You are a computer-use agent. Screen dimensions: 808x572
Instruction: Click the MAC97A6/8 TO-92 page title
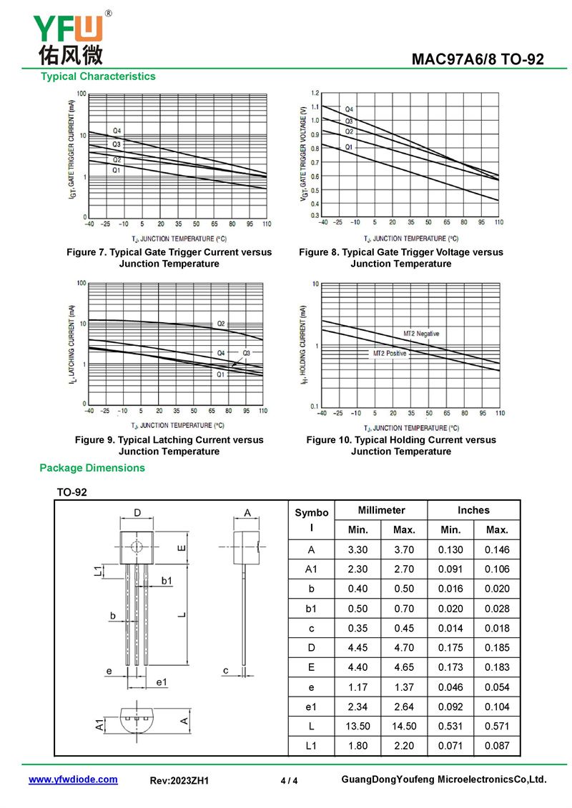pyautogui.click(x=478, y=59)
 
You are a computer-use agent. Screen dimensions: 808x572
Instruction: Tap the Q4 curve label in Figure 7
pyautogui.click(x=117, y=131)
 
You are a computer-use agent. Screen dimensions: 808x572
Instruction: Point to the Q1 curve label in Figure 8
pyautogui.click(x=349, y=146)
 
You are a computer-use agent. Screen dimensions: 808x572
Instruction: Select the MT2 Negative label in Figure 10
pyautogui.click(x=421, y=334)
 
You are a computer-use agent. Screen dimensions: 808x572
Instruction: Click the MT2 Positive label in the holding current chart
pyautogui.click(x=390, y=354)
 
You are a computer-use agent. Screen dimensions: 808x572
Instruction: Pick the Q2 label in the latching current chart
pyautogui.click(x=221, y=324)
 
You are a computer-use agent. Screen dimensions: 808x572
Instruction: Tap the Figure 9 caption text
pyautogui.click(x=169, y=446)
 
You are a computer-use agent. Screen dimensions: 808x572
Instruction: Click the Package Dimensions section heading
pyautogui.click(x=92, y=468)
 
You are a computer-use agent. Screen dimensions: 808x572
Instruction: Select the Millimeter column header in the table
pyautogui.click(x=381, y=510)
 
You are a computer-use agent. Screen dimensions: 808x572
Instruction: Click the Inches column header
pyautogui.click(x=473, y=510)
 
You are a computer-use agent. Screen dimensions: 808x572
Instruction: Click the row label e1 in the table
pyautogui.click(x=311, y=707)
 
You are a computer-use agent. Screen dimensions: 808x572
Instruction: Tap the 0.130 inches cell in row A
pyautogui.click(x=450, y=550)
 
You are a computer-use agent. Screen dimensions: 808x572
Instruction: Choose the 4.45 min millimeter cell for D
pyautogui.click(x=358, y=648)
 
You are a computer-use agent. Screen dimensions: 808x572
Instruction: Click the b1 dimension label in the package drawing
pyautogui.click(x=166, y=581)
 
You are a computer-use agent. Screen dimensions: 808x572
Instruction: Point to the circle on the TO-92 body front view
pyautogui.click(x=136, y=547)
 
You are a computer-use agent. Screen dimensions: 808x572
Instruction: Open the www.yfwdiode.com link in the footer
pyautogui.click(x=73, y=779)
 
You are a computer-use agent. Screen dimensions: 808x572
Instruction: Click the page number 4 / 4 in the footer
pyautogui.click(x=289, y=781)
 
